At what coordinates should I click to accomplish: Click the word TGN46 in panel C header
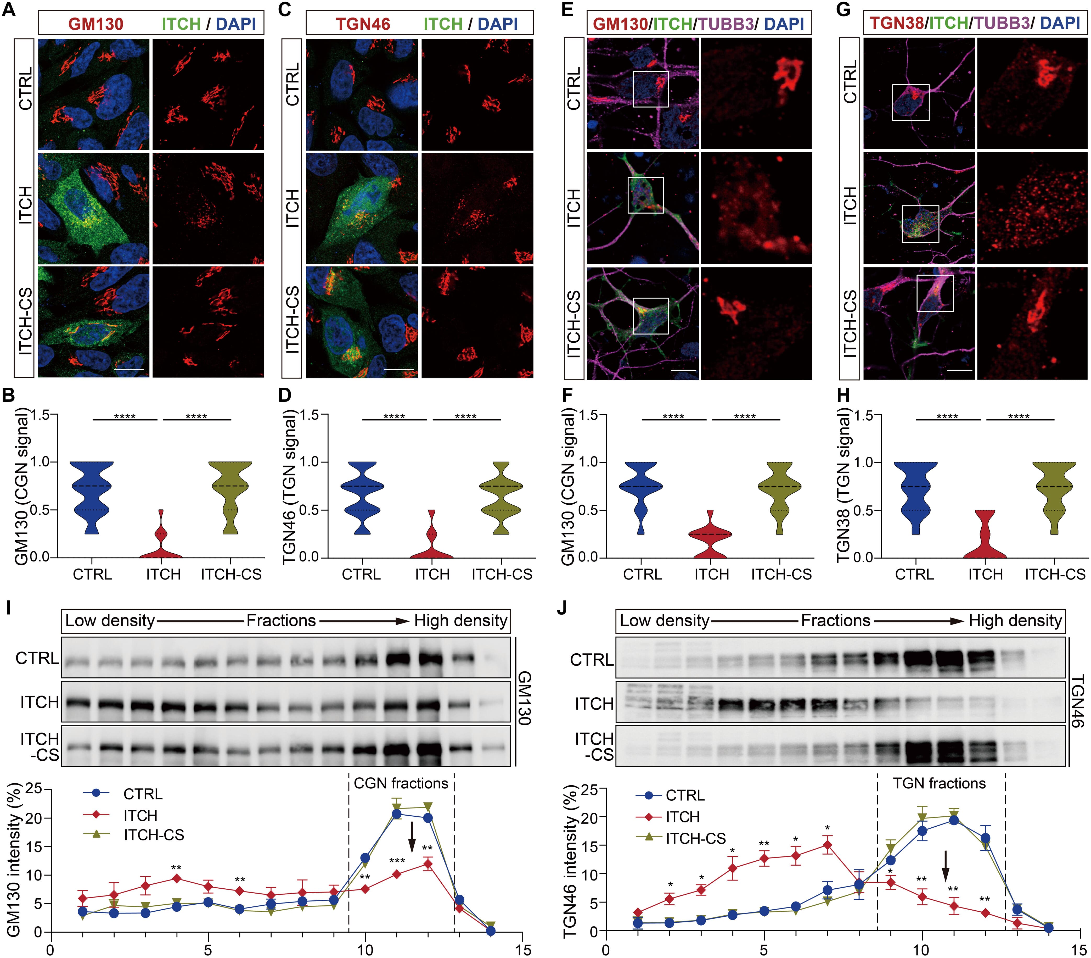[x=363, y=24]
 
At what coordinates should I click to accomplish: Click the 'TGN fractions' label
[x=940, y=783]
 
